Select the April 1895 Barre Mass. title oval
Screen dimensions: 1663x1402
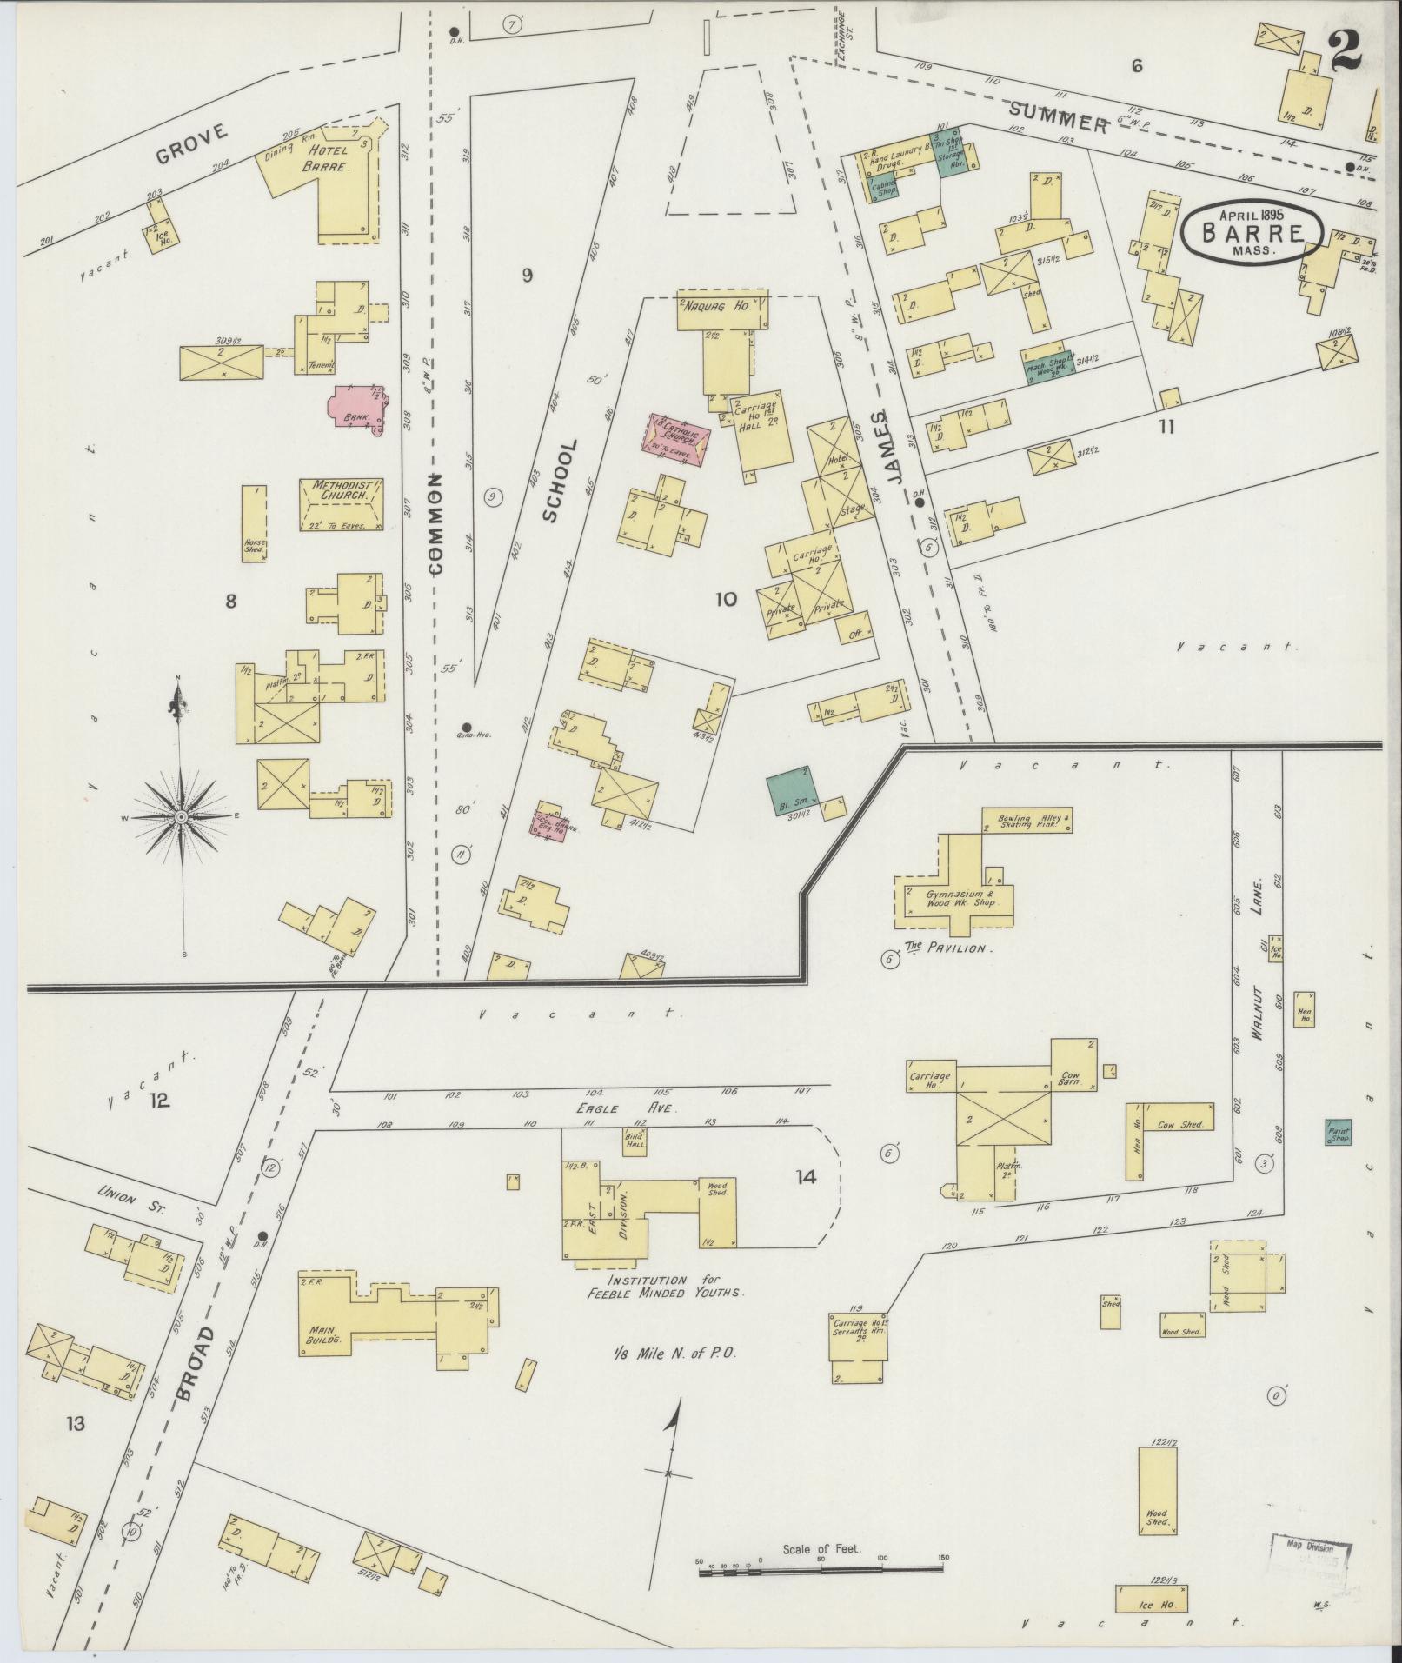1252,231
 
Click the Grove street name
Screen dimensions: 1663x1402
192,144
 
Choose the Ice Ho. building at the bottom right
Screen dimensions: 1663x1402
1151,1599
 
